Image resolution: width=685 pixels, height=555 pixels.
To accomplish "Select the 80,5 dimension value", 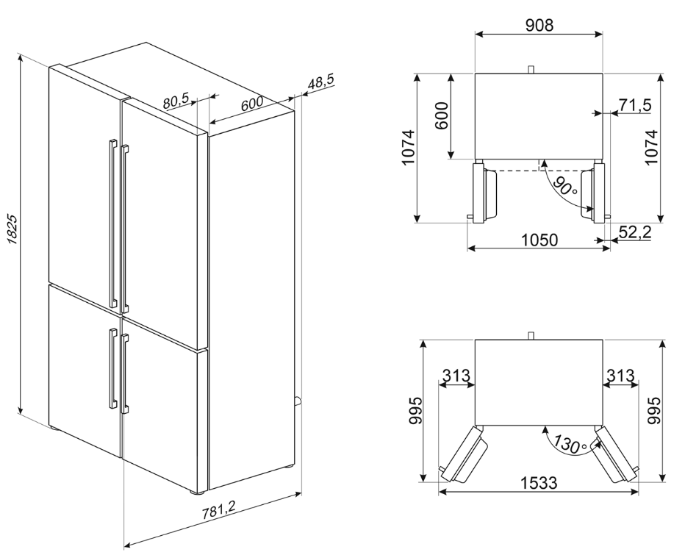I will pyautogui.click(x=176, y=100).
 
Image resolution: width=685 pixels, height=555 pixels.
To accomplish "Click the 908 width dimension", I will pyautogui.click(x=539, y=24).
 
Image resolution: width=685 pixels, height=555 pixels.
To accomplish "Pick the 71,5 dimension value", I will pyautogui.click(x=634, y=107).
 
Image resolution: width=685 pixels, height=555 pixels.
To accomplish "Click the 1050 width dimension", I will pyautogui.click(x=539, y=240).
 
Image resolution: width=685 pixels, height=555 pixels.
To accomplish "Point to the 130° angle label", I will pyautogui.click(x=571, y=443).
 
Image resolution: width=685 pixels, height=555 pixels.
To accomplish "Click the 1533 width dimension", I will pyautogui.click(x=539, y=484).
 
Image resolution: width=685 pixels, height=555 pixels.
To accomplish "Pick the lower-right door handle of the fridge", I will pyautogui.click(x=126, y=371).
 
